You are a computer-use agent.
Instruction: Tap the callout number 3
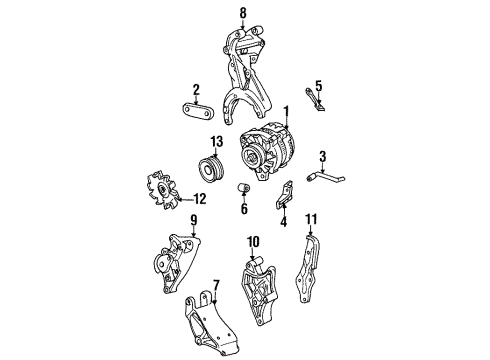[x=323, y=155]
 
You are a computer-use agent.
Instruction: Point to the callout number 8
[x=241, y=12]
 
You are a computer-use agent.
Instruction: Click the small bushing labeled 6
[x=243, y=189]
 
